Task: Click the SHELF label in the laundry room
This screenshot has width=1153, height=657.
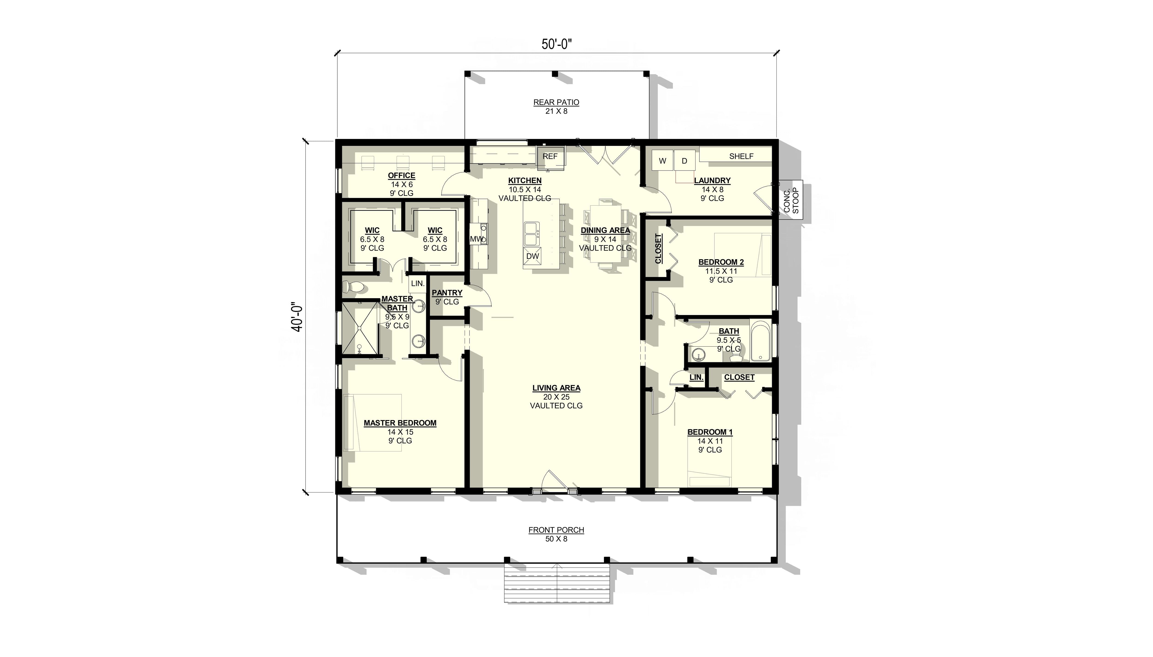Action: pos(741,156)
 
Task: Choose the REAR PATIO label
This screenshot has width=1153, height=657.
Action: pos(556,102)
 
